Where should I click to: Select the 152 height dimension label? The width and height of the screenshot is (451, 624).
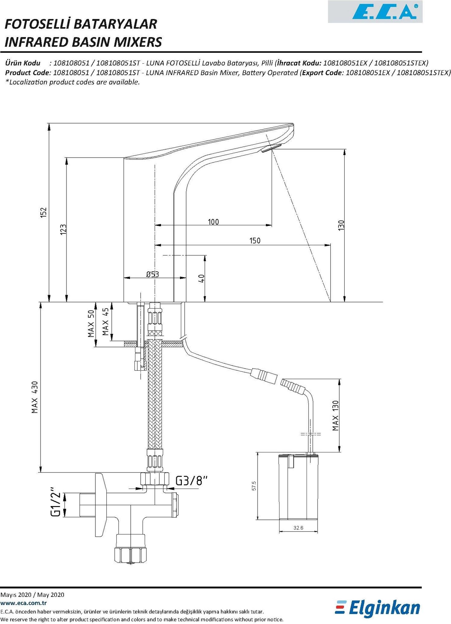pyautogui.click(x=43, y=212)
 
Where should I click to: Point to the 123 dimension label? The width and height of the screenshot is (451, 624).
pyautogui.click(x=63, y=230)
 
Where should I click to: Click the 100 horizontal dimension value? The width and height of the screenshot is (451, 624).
pyautogui.click(x=213, y=222)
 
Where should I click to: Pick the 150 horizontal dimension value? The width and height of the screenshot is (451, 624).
pyautogui.click(x=255, y=241)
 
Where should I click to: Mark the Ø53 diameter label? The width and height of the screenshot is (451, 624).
pyautogui.click(x=153, y=274)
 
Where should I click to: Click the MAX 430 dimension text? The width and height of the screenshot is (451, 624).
pyautogui.click(x=35, y=397)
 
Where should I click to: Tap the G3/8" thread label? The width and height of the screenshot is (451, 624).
pyautogui.click(x=191, y=481)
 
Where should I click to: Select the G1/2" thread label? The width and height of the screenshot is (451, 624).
pyautogui.click(x=56, y=502)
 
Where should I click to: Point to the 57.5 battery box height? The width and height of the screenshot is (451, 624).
pyautogui.click(x=254, y=486)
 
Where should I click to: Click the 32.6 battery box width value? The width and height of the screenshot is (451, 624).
pyautogui.click(x=298, y=528)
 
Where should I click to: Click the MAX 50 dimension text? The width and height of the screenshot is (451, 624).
pyautogui.click(x=91, y=324)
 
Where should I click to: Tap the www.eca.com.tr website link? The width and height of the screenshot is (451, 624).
pyautogui.click(x=24, y=603)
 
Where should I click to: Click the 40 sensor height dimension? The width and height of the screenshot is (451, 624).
pyautogui.click(x=201, y=278)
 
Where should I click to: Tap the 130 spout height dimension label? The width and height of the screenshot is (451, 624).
pyautogui.click(x=341, y=225)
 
